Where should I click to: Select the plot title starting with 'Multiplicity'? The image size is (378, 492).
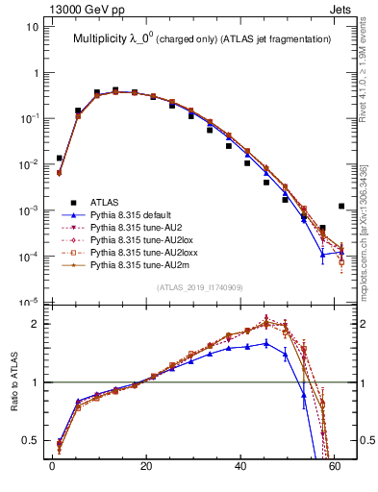pyautogui.click(x=197, y=38)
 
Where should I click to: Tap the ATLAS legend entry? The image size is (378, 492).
pyautogui.click(x=107, y=202)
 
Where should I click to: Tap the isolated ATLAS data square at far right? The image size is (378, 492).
pyautogui.click(x=342, y=206)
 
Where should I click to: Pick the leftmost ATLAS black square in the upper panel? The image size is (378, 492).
pyautogui.click(x=60, y=158)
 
